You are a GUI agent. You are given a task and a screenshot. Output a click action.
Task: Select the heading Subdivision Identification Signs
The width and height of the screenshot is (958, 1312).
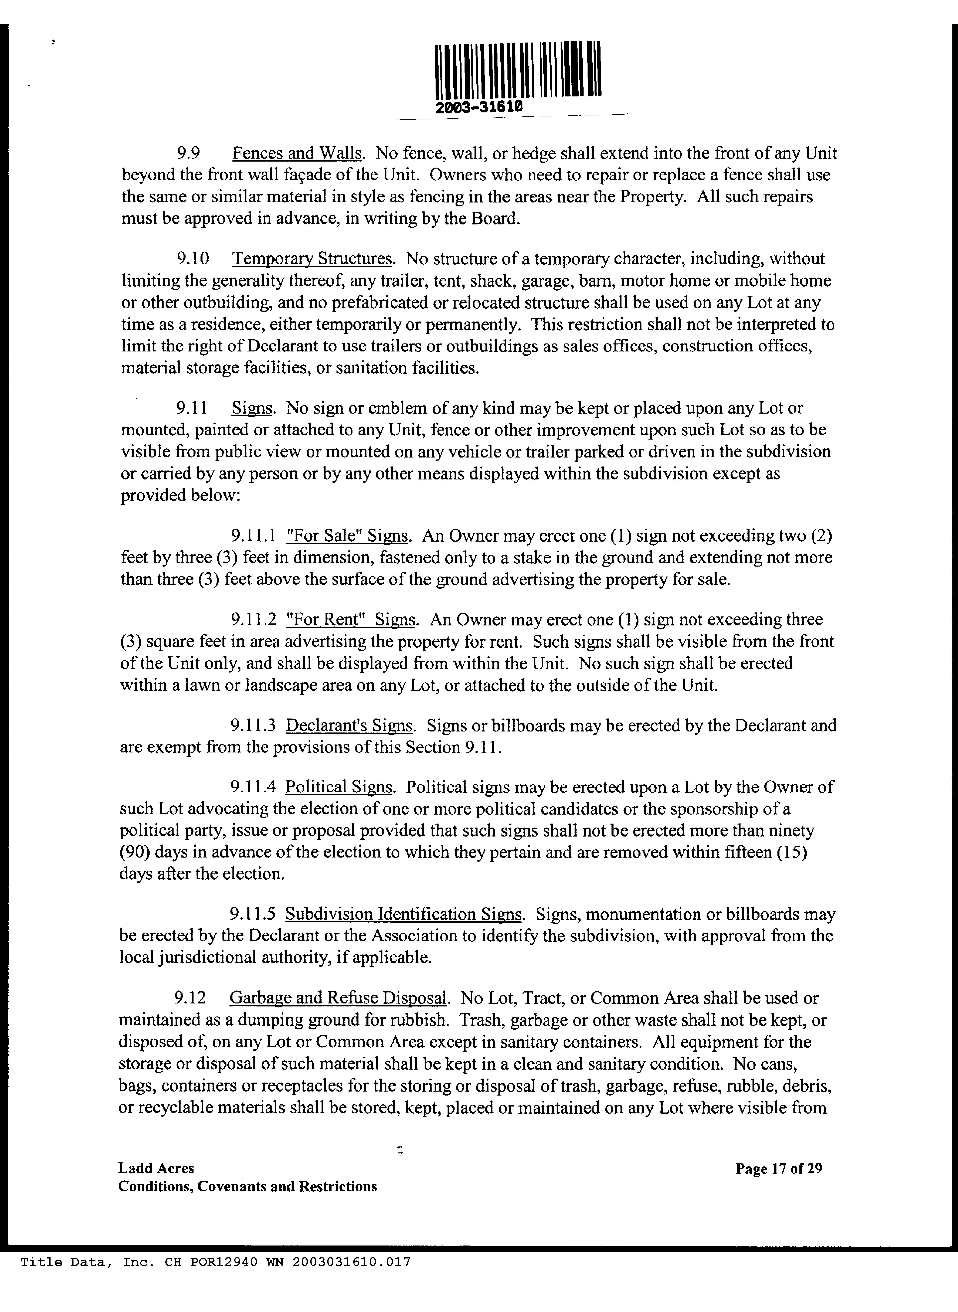click(404, 914)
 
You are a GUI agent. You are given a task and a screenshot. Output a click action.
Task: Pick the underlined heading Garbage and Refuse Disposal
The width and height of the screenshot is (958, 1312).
click(339, 998)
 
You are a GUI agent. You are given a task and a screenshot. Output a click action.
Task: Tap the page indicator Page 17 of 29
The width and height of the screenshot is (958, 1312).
click(779, 1169)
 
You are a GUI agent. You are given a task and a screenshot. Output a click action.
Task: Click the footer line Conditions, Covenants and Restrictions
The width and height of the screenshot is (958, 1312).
click(248, 1187)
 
